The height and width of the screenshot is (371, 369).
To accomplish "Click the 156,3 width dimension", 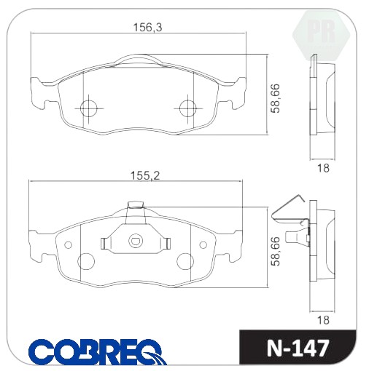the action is [147, 27].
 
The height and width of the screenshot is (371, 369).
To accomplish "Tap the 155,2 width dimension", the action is [145, 176].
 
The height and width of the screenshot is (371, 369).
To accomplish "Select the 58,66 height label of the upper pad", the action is [276, 98].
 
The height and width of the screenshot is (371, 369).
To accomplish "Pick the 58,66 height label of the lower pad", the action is [276, 251].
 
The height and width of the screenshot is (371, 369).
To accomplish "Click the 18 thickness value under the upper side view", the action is [323, 168].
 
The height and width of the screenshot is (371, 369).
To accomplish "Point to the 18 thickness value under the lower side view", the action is [323, 320].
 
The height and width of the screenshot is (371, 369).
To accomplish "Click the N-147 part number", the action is [298, 348].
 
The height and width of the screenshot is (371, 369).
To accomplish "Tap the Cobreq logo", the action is [98, 351].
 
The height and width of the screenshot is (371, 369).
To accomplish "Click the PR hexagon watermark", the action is [321, 34].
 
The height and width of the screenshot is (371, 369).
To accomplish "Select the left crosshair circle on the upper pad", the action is [88, 108].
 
